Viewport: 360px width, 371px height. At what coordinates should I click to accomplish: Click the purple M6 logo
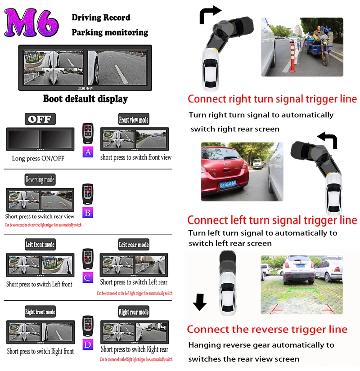coord(32,23)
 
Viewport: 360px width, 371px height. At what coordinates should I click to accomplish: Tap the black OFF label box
coord(40,119)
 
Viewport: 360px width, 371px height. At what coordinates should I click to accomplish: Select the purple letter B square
coord(88,212)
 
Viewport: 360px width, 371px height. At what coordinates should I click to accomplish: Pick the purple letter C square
coord(88,277)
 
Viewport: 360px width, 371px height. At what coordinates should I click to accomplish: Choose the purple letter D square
coord(88,344)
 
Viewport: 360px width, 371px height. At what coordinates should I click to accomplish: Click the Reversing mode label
coord(40,179)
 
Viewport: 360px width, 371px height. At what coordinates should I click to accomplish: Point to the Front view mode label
coord(134,120)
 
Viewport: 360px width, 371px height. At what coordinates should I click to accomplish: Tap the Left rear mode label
coord(134,245)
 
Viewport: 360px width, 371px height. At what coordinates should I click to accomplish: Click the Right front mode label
coord(40,312)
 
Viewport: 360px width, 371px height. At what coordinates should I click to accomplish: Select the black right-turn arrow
coord(210,14)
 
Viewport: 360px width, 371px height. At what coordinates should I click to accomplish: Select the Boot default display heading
coord(85,99)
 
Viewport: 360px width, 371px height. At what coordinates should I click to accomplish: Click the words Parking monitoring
coord(109,32)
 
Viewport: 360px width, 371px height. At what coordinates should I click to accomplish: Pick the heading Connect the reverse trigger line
coord(267,329)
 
